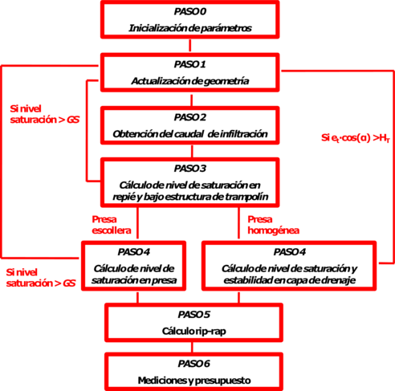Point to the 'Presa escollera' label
(x=108, y=222)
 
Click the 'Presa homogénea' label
(x=266, y=222)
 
